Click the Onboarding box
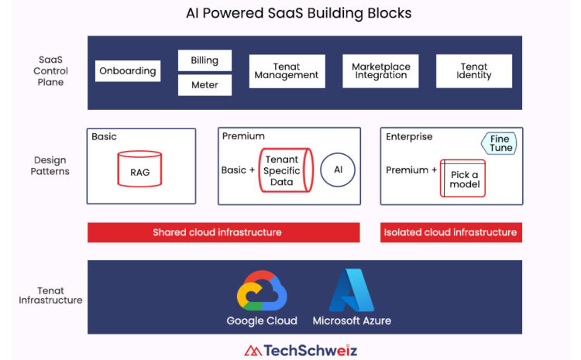pos(128,70)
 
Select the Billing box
pos(205,60)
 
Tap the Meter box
pos(205,85)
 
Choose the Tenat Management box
pos(287,71)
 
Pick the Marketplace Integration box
pos(380,71)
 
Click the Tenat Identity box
pos(474,71)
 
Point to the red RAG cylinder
pos(139,169)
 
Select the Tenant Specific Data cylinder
pos(286,170)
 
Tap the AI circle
pos(338,170)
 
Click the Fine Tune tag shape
pos(499,143)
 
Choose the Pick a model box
pos(462,178)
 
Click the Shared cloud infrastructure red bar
pos(223,232)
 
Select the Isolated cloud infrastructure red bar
pos(451,232)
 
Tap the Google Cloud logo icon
pos(262,291)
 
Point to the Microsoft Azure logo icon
pos(352,290)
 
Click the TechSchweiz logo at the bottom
pos(301,351)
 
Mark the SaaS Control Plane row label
pos(50,70)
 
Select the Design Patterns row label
pos(50,166)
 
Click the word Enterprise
pos(409,137)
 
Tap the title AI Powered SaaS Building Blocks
pos(299,13)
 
